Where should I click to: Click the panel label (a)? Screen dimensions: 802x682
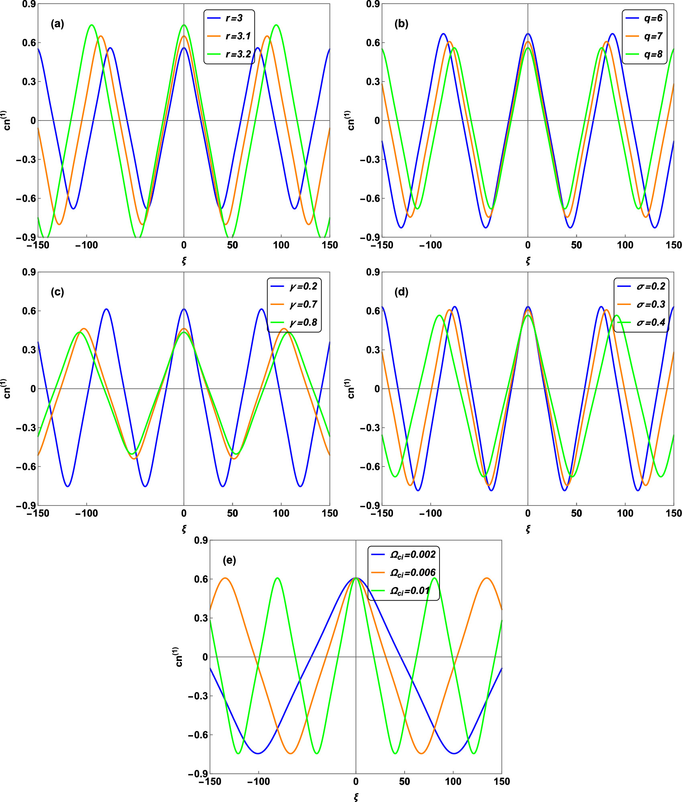57,24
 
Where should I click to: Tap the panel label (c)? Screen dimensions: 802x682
57,292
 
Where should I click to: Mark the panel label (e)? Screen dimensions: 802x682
229,560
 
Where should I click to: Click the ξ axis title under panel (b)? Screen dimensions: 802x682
528,261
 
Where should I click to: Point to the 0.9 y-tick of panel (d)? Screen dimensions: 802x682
373,272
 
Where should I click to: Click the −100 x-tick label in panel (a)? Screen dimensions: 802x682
86,245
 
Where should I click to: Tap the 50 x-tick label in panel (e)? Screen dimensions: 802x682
404,782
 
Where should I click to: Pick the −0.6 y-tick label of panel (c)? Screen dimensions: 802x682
26,467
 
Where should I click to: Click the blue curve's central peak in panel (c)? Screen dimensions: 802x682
184,309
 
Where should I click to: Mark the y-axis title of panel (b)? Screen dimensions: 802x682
350,120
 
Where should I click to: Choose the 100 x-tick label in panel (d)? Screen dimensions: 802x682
625,514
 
